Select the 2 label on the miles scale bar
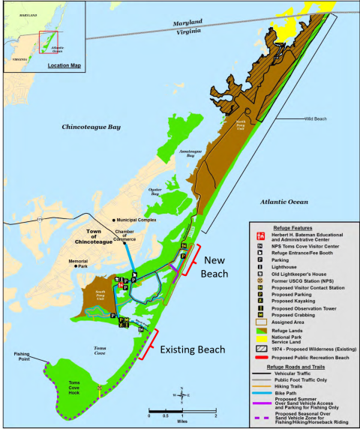pos(216,415)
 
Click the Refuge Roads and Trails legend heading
pos(304,365)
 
